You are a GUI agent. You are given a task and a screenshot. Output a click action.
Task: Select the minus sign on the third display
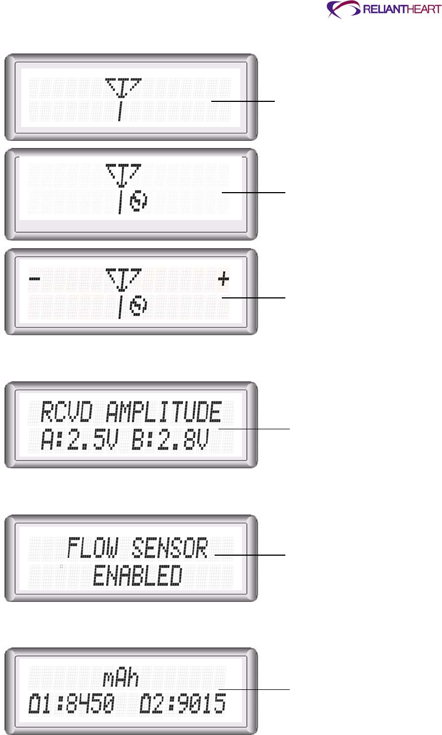pos(34,280)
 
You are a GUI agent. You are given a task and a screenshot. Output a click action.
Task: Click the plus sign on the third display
pos(223,280)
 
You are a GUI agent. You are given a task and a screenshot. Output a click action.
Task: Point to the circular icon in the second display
pos(135,204)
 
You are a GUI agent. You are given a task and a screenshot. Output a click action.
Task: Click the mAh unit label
pos(121,679)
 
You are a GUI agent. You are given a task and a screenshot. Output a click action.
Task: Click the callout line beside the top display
pos(243,101)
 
